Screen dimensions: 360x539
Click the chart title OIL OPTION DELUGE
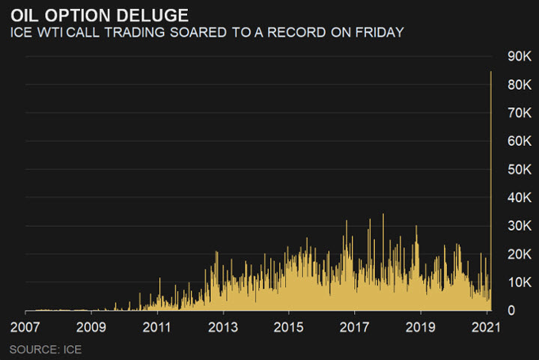[x=99, y=14]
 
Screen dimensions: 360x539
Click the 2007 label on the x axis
[x=25, y=327]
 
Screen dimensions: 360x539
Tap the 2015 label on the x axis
[x=288, y=327]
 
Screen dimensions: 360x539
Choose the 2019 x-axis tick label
[x=420, y=327]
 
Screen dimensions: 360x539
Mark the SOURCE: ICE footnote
[x=46, y=349]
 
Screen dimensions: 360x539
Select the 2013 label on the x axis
[x=222, y=327]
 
